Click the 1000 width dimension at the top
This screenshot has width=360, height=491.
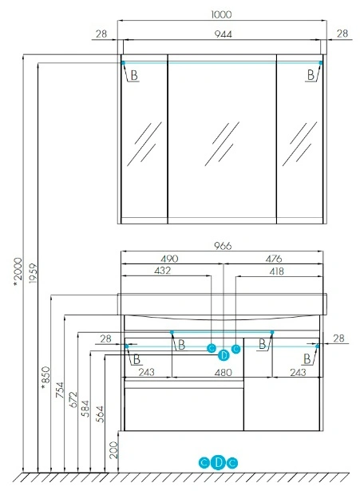tap(221, 14)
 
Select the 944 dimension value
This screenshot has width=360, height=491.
tap(224, 34)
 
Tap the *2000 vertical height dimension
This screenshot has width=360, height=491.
tap(18, 272)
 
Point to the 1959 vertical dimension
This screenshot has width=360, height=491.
tap(33, 273)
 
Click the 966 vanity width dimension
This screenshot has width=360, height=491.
tap(223, 246)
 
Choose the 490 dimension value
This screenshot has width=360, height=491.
tap(169, 259)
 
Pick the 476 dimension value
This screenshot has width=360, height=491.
tap(274, 259)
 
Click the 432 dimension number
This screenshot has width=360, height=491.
tap(163, 271)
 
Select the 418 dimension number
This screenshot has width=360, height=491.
tap(276, 271)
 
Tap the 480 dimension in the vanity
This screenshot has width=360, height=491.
tap(224, 372)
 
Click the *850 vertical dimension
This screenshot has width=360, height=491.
tap(45, 378)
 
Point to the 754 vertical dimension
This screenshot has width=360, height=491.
tap(60, 390)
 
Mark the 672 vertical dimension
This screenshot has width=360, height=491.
tap(73, 399)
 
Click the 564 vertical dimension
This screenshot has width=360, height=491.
tap(100, 414)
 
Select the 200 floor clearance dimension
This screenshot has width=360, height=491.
tap(113, 450)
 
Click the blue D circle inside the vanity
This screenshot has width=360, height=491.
tap(224, 355)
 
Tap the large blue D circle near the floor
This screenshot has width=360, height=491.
tap(218, 462)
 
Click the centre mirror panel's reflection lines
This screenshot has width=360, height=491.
tap(222, 144)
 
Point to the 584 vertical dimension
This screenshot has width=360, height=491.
tap(85, 409)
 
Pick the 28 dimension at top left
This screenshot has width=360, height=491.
tap(101, 34)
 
